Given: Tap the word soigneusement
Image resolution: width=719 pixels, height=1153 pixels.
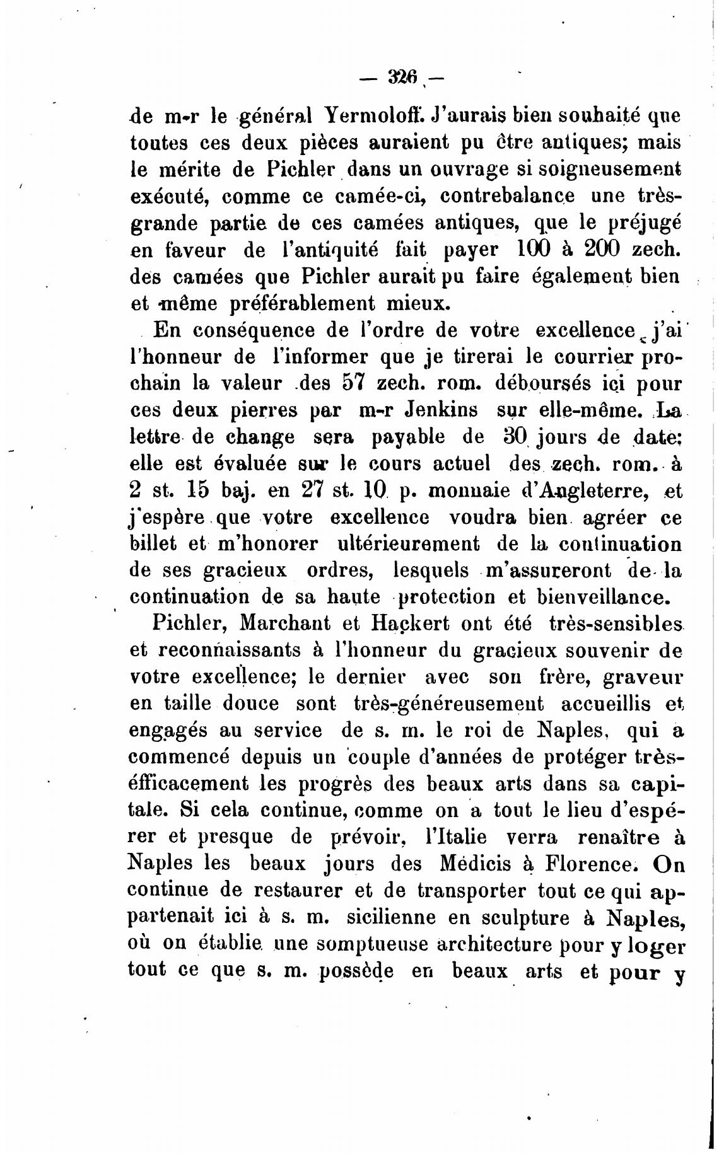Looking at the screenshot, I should point(616,170).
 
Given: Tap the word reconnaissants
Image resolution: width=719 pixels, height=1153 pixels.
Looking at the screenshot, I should point(229,649).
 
